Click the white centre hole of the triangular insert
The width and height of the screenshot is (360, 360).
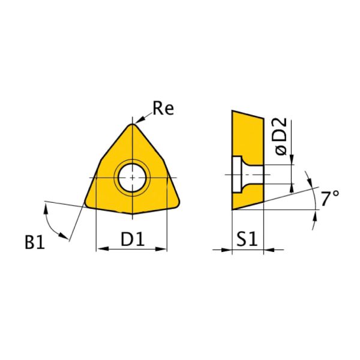[x=132, y=178]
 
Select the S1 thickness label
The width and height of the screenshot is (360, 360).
[x=247, y=239]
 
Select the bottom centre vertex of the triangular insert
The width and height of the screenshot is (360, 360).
[x=132, y=213]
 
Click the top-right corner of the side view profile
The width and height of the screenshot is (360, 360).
[x=263, y=118]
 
